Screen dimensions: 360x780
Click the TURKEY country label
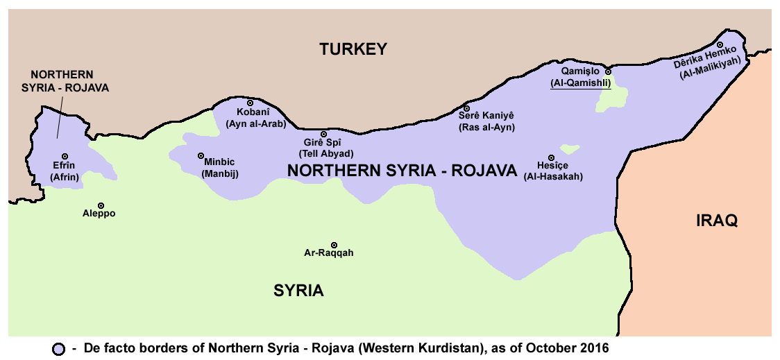(x=353, y=49)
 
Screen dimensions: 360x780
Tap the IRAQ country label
(x=717, y=221)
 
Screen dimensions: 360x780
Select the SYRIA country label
(x=298, y=291)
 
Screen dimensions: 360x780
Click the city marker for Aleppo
(x=101, y=206)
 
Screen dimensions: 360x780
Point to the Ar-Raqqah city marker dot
(x=334, y=245)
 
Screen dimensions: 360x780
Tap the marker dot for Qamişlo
(x=608, y=71)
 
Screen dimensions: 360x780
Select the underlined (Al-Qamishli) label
(x=580, y=83)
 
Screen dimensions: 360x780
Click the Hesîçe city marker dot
(x=552, y=157)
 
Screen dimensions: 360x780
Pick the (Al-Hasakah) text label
(x=553, y=177)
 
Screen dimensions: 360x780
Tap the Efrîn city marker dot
(x=65, y=156)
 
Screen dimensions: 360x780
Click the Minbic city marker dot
(x=201, y=155)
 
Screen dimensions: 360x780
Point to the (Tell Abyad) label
(x=325, y=153)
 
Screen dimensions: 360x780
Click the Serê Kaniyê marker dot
(x=466, y=108)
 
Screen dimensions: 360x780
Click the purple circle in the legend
(x=59, y=349)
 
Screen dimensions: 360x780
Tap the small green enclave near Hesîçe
(x=570, y=148)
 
